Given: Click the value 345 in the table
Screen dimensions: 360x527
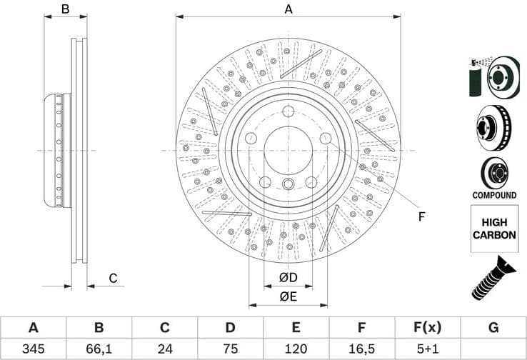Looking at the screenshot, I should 33,350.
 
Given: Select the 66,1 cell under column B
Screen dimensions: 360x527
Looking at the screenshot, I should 99,350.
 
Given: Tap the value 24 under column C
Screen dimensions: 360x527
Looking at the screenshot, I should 164,350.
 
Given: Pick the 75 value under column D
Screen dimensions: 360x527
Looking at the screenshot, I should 230,350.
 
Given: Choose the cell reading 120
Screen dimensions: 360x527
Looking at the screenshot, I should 296,350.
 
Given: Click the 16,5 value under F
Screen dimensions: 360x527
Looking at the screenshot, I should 361,350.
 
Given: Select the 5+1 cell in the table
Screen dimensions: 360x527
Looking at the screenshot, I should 427,350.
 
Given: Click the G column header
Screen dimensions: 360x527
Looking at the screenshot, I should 493,328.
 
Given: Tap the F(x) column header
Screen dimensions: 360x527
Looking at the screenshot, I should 427,328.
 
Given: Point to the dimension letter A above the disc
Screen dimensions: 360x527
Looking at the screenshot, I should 288,9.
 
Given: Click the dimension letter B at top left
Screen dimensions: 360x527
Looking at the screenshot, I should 64,9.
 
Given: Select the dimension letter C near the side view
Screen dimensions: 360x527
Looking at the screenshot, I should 113,279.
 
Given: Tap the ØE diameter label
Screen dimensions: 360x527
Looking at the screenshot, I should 288,296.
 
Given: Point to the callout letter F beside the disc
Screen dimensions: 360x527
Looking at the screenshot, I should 421,216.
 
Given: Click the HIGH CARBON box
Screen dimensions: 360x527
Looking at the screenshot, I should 493,229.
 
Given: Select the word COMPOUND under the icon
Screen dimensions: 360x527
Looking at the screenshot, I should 493,195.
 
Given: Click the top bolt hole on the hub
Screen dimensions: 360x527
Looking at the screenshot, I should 288,111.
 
